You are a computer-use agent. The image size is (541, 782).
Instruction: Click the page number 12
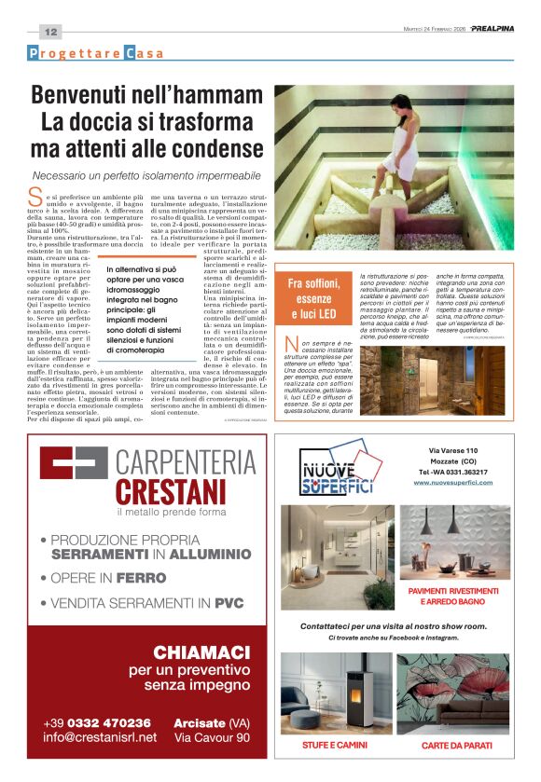point(50,31)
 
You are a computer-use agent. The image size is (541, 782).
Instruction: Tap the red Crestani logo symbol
point(74,474)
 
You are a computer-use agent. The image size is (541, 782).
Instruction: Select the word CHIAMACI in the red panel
point(199,652)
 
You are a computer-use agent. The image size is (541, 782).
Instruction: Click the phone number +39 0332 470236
point(97,723)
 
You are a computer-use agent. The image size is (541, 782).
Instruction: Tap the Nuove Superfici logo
point(336,473)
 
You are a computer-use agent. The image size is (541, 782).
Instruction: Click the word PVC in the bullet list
point(229,603)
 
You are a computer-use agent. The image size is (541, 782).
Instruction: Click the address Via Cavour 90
point(213,738)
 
